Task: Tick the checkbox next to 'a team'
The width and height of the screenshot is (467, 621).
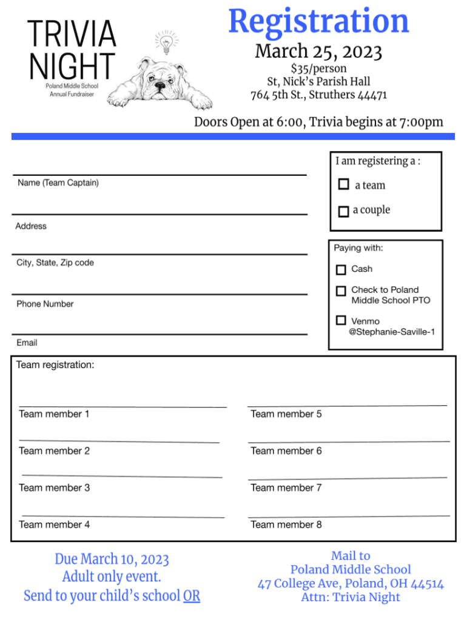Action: point(344,184)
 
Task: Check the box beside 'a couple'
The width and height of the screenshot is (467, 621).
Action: point(343,211)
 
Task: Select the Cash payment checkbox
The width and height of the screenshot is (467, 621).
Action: point(341,269)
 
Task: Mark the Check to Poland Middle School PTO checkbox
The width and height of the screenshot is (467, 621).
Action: point(341,291)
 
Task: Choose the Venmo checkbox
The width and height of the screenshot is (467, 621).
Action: point(341,320)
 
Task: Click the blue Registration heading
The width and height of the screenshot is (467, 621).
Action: point(318,22)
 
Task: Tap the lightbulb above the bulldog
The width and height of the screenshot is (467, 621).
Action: point(166,42)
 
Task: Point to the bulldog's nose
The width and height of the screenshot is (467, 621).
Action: point(160,87)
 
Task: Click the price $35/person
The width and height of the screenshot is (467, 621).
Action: point(318,68)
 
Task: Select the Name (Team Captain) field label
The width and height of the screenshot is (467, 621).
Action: point(58,183)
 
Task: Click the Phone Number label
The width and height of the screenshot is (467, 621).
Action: point(45,304)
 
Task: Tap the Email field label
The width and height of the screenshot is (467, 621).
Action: point(27,343)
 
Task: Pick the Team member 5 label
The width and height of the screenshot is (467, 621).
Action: point(286,414)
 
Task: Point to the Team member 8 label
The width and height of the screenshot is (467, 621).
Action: point(286,525)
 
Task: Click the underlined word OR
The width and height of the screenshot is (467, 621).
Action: point(192,596)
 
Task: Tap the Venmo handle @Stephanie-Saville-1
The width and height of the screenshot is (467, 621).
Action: point(392,332)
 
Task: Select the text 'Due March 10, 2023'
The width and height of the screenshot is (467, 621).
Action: point(112,559)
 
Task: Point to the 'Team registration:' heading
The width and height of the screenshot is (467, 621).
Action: point(55,365)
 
